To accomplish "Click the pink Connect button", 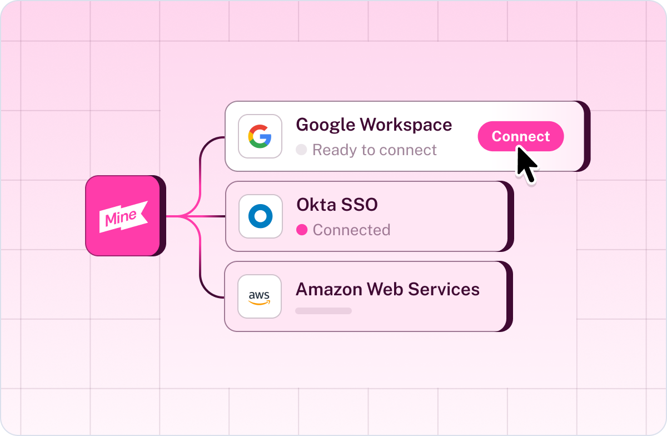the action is tap(520, 136).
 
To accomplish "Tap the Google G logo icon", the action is tap(260, 136).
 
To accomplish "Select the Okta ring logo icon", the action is tap(260, 216).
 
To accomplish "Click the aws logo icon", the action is tap(259, 298).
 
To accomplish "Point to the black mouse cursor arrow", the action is tap(526, 164).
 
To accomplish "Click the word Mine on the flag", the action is tap(121, 217).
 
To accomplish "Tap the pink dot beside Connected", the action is tap(302, 230).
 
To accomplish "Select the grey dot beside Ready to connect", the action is tap(301, 150).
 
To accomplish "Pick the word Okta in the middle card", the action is tap(316, 205).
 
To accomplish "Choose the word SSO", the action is tap(360, 205).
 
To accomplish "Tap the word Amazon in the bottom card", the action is tap(328, 289).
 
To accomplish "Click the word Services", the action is tap(444, 289).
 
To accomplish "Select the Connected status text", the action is tap(351, 230).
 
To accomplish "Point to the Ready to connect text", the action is tap(374, 150).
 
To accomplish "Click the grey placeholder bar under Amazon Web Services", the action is tap(323, 311).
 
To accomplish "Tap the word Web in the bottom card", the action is tap(385, 289).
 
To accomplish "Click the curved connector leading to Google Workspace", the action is tap(200, 167).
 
